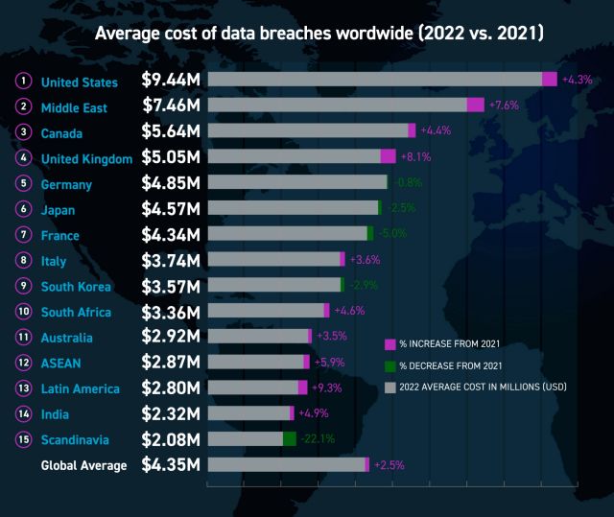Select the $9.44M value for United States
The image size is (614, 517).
171,81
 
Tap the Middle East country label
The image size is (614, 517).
75,107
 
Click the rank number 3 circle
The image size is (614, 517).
23,132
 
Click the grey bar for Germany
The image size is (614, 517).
297,182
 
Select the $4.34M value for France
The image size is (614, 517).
171,234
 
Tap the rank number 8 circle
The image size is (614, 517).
23,260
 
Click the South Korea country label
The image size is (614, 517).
76,286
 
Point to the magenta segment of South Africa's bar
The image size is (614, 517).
326,310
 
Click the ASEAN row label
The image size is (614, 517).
60,363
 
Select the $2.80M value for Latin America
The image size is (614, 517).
171,388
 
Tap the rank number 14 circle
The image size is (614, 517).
23,413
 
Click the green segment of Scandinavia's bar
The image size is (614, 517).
289,438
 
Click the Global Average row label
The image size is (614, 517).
83,465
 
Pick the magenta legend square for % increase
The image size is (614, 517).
390,343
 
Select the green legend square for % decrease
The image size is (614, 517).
390,365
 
